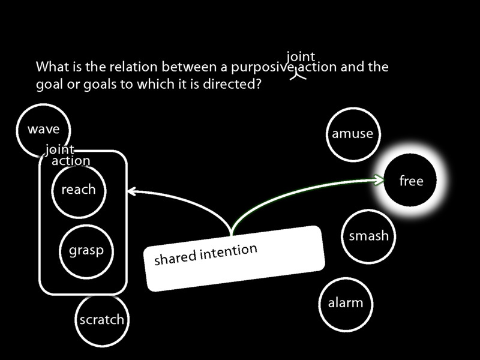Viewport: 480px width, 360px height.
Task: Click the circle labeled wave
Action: pos(43,129)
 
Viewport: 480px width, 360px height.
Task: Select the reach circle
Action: pos(79,190)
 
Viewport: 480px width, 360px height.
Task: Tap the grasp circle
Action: pos(86,250)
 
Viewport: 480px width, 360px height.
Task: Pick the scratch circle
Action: pos(101,320)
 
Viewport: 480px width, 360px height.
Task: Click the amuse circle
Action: pos(352,134)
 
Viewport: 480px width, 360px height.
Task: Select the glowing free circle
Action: pos(411,181)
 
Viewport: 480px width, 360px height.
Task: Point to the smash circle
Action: pos(368,236)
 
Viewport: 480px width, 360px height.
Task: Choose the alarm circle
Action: pos(346,303)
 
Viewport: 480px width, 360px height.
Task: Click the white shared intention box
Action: pos(234,258)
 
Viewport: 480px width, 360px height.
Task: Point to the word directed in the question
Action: pos(232,84)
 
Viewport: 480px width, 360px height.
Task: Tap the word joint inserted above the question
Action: pos(301,58)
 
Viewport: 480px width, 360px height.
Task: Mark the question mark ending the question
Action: pos(257,84)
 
